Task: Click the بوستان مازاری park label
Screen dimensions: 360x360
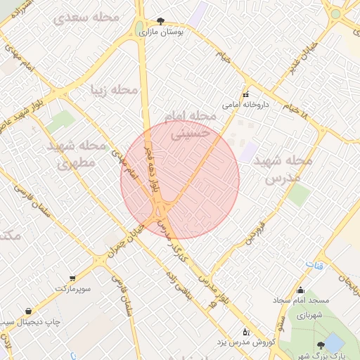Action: [165, 32]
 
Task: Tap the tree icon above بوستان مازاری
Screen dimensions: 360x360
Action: [162, 21]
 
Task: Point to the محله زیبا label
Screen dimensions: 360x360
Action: [112, 89]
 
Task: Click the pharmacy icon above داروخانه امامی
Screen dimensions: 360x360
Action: [245, 94]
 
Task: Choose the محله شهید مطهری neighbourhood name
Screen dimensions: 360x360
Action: [77, 156]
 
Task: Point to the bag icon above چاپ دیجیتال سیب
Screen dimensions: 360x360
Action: [28, 311]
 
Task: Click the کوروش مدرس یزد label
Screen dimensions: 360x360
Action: [247, 342]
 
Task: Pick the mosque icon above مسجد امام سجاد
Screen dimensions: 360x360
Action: [301, 290]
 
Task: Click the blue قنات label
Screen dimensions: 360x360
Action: [312, 263]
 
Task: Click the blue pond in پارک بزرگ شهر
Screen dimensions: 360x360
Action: [335, 344]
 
